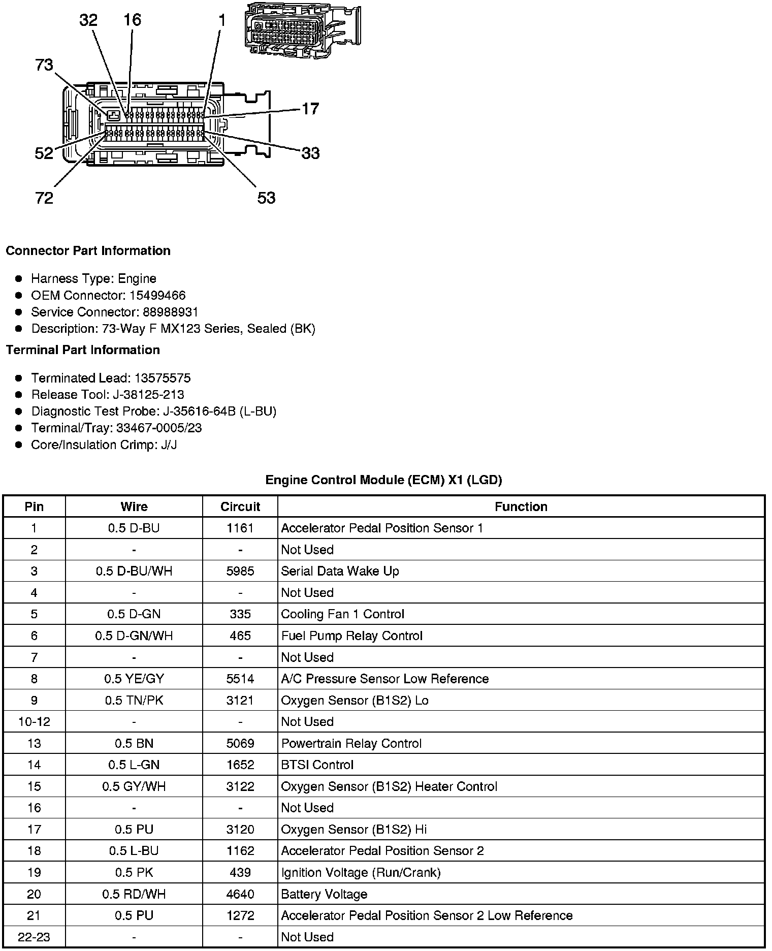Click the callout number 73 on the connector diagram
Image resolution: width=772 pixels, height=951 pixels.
tap(44, 66)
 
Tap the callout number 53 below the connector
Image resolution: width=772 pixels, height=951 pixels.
tap(266, 198)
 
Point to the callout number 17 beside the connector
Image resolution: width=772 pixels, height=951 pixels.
tap(310, 109)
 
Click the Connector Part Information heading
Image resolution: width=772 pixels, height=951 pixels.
tap(88, 251)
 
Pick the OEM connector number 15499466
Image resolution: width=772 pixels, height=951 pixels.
tap(157, 295)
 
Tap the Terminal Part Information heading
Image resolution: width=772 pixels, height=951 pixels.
tap(83, 350)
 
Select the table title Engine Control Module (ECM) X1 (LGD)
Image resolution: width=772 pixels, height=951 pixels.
tap(383, 480)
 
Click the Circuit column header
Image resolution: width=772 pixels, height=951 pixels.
tap(240, 506)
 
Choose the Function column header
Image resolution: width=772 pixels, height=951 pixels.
tap(521, 506)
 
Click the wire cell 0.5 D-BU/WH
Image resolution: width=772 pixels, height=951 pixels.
tap(134, 571)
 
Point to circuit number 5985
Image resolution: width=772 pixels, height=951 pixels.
tap(240, 571)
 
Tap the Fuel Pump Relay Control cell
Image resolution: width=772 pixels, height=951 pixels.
tap(351, 636)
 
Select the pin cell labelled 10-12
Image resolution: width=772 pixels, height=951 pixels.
tap(34, 722)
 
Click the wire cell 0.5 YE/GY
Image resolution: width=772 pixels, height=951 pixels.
tap(134, 679)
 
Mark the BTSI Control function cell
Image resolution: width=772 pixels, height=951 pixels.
tap(317, 765)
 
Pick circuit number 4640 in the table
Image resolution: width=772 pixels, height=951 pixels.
tap(240, 894)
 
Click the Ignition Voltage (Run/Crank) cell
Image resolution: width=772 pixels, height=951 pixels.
tap(361, 873)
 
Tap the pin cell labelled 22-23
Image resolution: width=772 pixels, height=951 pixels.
tap(34, 937)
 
